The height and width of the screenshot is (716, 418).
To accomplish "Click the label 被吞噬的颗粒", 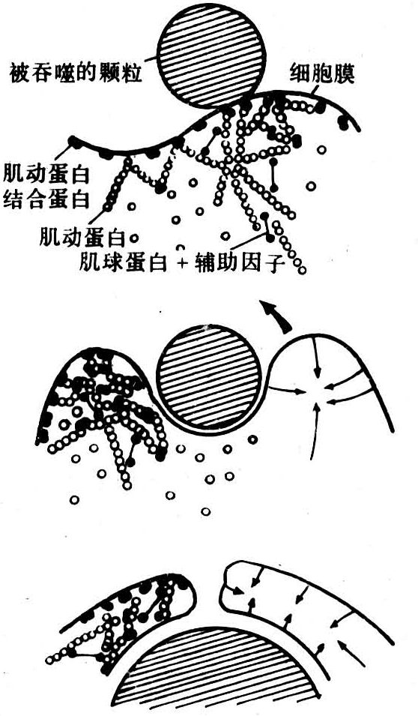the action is pyautogui.click(x=75, y=73).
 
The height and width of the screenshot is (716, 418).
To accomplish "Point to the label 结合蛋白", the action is pyautogui.click(x=45, y=199).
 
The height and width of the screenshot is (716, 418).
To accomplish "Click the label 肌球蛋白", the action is pyautogui.click(x=122, y=263).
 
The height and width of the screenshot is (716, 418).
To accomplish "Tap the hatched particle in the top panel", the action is pyautogui.click(x=212, y=56).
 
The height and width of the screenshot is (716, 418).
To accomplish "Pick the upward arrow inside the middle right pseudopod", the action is pyautogui.click(x=315, y=430).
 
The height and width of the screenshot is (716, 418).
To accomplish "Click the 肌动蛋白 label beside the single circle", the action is pyautogui.click(x=82, y=238).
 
